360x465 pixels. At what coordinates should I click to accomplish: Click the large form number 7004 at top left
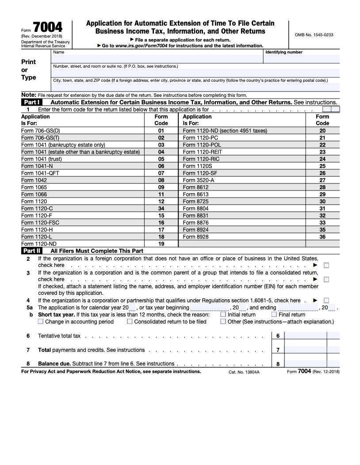pos(48,27)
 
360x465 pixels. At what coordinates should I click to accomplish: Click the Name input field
pos(157,58)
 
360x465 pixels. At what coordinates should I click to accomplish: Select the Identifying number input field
pos(302,58)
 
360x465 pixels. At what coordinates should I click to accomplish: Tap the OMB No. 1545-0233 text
pos(314,34)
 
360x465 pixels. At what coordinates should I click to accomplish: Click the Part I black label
pos(32,102)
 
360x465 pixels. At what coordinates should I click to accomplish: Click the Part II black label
pos(32,251)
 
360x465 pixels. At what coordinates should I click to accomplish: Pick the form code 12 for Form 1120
pos(161,201)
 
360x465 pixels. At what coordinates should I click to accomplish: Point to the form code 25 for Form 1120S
pos(322,166)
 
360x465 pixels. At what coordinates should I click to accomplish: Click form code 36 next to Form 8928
pos(322,236)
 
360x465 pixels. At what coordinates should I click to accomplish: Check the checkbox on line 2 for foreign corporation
pos(326,265)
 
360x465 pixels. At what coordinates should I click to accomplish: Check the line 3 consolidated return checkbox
pos(326,279)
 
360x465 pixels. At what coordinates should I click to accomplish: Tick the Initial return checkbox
pos(223,315)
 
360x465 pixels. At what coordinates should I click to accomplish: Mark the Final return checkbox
pos(274,315)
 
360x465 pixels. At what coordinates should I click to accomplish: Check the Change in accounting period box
pos(41,322)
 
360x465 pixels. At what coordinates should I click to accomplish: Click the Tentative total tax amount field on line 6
pos(305,336)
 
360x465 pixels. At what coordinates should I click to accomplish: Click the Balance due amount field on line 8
pos(305,364)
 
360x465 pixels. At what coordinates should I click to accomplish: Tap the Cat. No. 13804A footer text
pos(244,372)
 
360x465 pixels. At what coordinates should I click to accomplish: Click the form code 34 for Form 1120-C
pos(161,208)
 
